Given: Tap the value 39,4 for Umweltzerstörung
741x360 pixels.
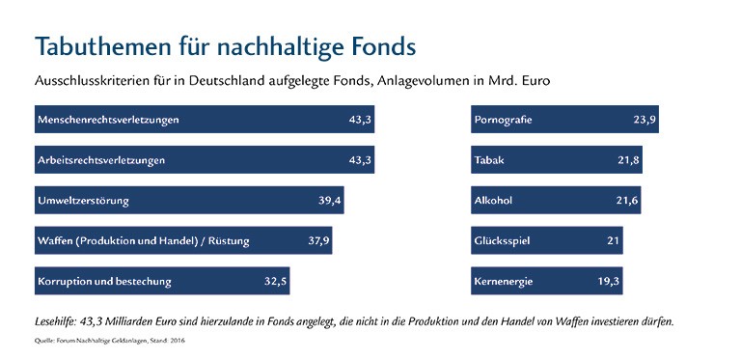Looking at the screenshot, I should coord(330,201).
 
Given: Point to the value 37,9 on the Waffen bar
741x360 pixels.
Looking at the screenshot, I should coord(318,241).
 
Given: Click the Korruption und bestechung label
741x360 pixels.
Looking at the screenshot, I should coord(104,282).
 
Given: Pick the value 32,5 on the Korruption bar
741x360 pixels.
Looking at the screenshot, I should coord(276,282).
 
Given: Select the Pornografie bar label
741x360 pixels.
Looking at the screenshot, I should coord(503,120).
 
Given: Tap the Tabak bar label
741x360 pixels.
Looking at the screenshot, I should coord(489,160).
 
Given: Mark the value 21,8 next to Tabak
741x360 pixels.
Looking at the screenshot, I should coord(628,160).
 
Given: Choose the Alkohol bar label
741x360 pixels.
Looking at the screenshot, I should coord(493,201).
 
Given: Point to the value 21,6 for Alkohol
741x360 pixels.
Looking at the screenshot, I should coord(626,201).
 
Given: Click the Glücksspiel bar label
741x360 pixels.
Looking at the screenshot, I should coord(502,241).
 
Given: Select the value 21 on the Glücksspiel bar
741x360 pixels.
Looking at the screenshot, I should coord(614,241).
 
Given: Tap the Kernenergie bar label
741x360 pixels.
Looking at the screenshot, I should coord(503,282).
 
